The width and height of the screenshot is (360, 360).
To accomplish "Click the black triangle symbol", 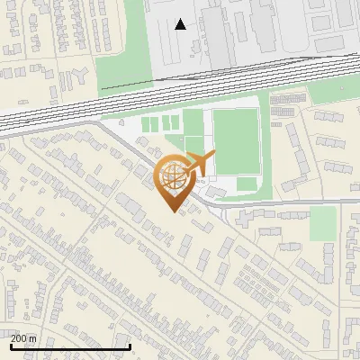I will click(181, 24).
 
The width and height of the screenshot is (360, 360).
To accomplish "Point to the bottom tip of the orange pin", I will click(174, 211).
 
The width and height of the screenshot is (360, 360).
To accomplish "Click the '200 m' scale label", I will click(24, 338).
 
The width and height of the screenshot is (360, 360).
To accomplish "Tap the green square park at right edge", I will click(322, 223).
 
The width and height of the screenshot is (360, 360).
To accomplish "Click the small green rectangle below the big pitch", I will click(247, 184).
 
